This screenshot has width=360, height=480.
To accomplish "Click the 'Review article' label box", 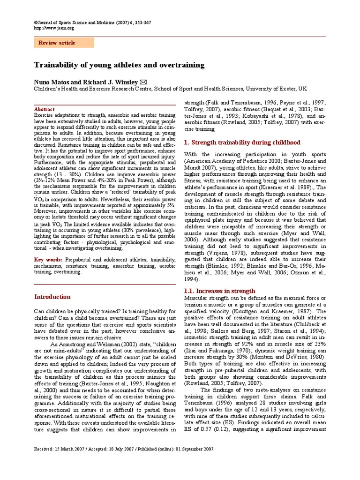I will click(64, 43).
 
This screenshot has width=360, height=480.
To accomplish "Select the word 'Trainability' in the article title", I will click(59, 65).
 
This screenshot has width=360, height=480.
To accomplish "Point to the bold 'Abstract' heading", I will click(45, 109).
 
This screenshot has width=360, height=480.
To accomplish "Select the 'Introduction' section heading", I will click(52, 297).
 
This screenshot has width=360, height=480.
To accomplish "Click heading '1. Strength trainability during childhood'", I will click(241, 142).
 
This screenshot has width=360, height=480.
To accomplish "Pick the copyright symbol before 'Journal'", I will click(36, 23).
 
